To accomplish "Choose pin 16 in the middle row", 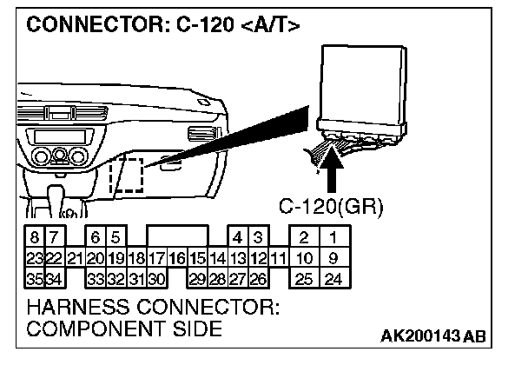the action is (x=176, y=258).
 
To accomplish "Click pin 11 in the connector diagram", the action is (x=277, y=258).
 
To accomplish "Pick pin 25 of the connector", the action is (x=303, y=279).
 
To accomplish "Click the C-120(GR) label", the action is (x=330, y=208).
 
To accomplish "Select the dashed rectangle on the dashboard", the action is (x=127, y=174).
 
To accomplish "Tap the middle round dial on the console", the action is (x=59, y=155).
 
